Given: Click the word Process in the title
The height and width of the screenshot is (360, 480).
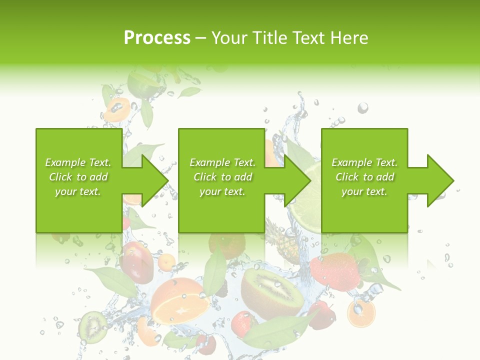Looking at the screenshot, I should [157, 38].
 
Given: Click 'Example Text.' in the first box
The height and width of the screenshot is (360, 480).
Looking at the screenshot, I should [78, 162].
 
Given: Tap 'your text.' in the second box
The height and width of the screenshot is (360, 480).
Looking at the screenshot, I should [222, 191].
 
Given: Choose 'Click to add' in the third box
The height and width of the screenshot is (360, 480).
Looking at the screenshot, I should [364, 177].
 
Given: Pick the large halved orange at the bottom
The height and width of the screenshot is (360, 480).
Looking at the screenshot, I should [180, 302].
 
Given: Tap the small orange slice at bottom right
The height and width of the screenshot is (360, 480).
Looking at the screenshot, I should [361, 313].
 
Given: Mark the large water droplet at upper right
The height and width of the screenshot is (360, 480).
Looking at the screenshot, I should [363, 107].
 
